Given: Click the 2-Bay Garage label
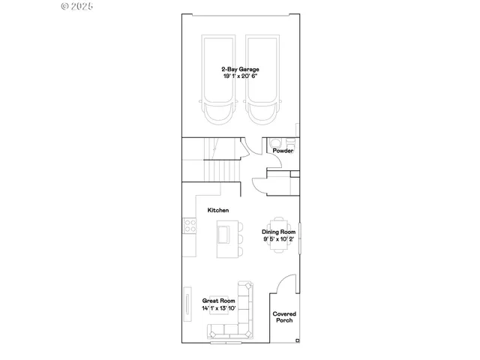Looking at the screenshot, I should click(x=240, y=69).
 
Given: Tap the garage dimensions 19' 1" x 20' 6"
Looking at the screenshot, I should click(x=240, y=76).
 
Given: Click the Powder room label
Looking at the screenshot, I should click(x=283, y=151).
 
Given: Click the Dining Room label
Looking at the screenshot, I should click(x=278, y=232).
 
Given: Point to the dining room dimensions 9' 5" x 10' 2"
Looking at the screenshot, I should click(x=278, y=239).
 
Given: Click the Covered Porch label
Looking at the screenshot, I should click(x=283, y=317).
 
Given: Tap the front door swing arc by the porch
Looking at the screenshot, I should click(x=283, y=283).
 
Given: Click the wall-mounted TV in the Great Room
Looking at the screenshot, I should click(x=185, y=307).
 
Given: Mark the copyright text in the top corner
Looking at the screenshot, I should click(x=76, y=5).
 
